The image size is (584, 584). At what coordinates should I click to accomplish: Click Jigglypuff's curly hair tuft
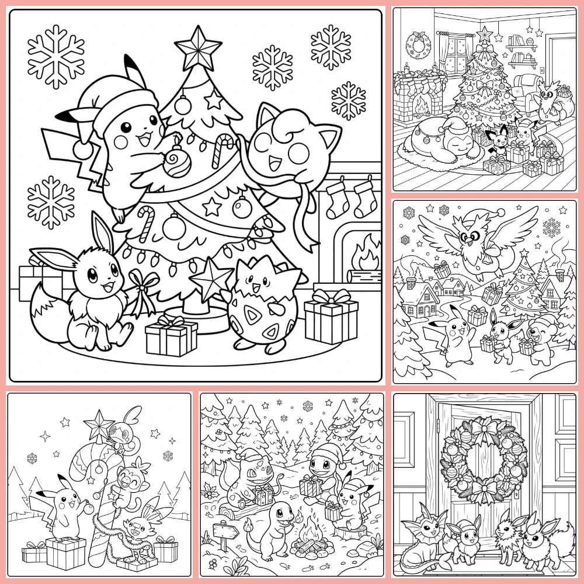(x=284, y=127)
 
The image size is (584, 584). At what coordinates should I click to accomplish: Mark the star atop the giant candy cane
(x=99, y=422)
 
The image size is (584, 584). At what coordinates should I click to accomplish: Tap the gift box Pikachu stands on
(x=65, y=552)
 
